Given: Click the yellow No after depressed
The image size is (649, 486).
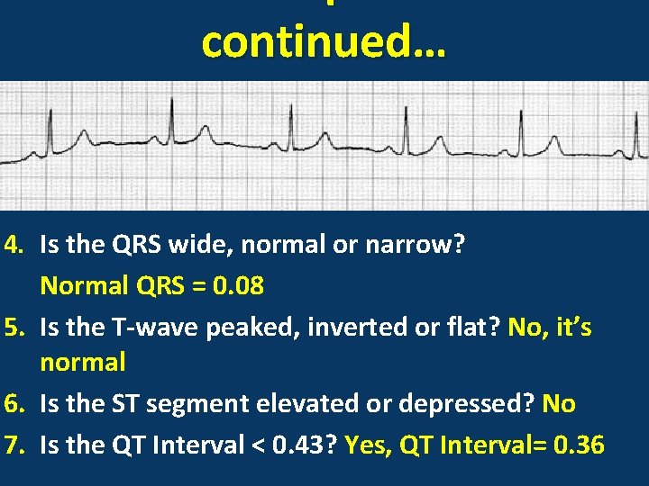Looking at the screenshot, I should point(559,405).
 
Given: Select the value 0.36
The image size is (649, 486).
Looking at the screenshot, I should point(576,445).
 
